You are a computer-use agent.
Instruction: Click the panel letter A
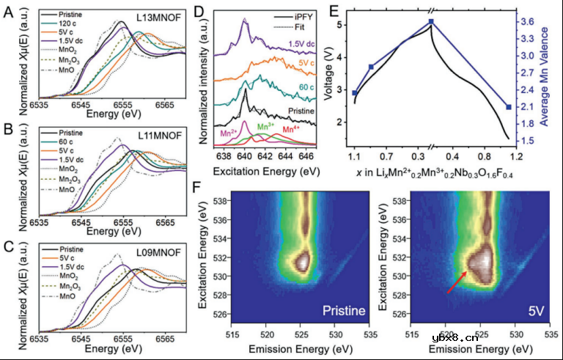tap(10, 12)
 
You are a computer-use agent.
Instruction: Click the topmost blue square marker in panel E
tap(431, 22)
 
